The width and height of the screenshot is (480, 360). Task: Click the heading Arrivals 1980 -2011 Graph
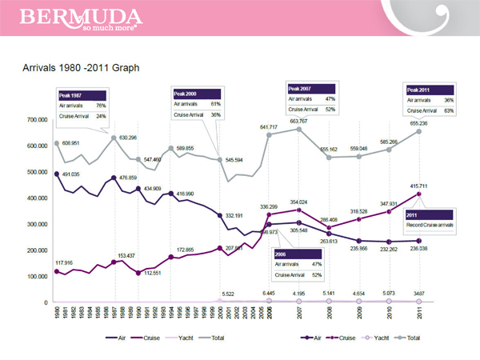tap(82, 68)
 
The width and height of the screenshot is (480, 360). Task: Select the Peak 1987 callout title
tap(71, 94)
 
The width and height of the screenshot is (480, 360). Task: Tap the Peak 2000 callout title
tap(185, 94)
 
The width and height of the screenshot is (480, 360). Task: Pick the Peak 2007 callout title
tap(300, 87)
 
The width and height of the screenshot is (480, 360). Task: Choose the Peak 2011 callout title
tap(420, 90)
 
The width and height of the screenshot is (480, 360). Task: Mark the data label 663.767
tap(299, 121)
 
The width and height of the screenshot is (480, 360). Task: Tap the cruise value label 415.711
tap(420, 186)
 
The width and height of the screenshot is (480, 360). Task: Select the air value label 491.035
tap(70, 174)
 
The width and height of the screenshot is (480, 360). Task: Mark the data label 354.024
tap(299, 202)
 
